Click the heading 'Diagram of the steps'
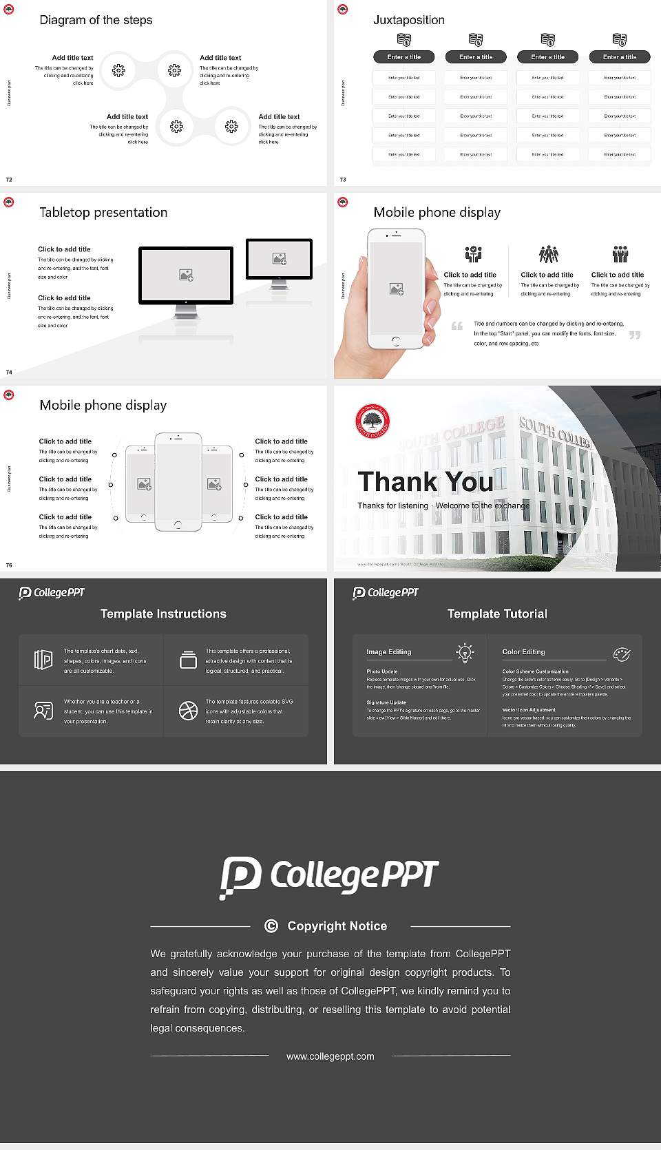[x=96, y=20]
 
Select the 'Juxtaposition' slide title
[x=408, y=20]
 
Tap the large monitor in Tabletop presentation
[x=186, y=275]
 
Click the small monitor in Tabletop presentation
[x=279, y=259]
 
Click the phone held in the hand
[x=396, y=289]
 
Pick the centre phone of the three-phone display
[x=178, y=481]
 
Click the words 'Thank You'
[x=425, y=481]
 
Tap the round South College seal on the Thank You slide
[x=373, y=421]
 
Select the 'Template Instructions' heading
[x=163, y=614]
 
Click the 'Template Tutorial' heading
[x=497, y=614]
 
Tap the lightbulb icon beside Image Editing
[x=465, y=653]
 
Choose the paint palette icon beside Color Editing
[x=622, y=654]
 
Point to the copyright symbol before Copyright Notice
[x=271, y=926]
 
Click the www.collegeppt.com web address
[x=330, y=1056]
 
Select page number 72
[x=9, y=180]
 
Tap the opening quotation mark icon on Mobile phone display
[x=457, y=326]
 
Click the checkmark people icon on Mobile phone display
[x=473, y=254]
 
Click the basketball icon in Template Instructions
[x=188, y=711]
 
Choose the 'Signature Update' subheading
[x=386, y=702]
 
